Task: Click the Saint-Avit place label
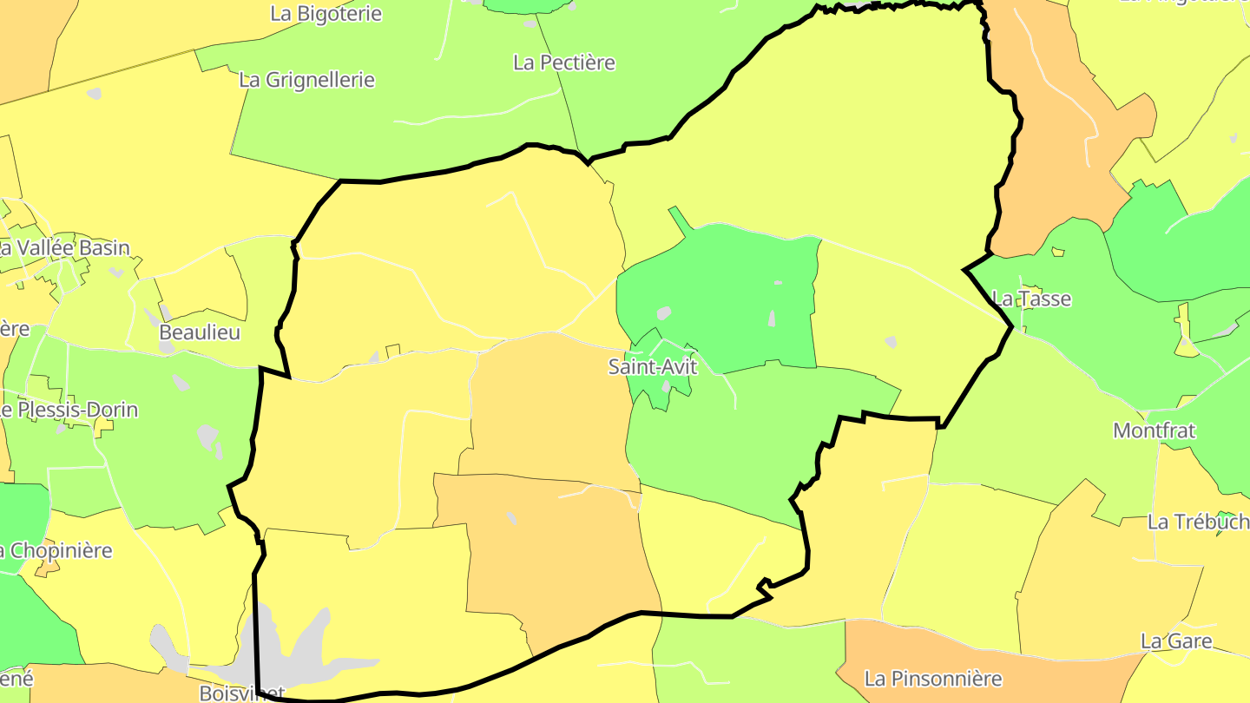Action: pos(652,367)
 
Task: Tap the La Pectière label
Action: pos(564,62)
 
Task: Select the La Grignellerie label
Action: pos(306,80)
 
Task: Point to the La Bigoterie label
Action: pos(326,13)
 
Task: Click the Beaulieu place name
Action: pos(200,332)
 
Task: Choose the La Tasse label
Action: pos(1031,299)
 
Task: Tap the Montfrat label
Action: pos(1154,430)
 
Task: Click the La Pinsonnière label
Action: pos(933,679)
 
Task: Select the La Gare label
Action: pos(1176,641)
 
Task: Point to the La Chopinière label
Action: pos(56,551)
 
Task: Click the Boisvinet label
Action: pos(241,693)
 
